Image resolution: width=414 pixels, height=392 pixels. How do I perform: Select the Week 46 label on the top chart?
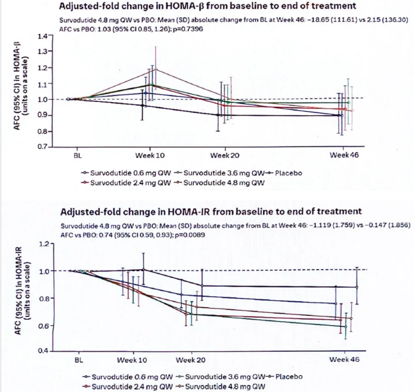[343, 154]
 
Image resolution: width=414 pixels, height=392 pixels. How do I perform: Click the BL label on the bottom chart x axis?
[78, 360]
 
